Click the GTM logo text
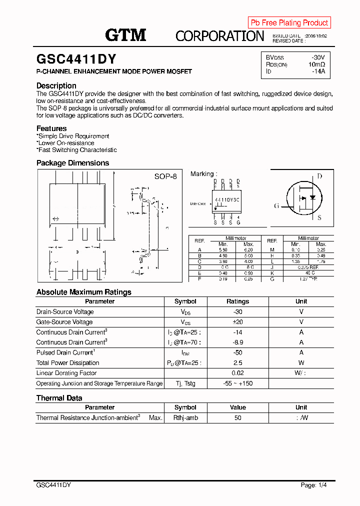(x=125, y=35)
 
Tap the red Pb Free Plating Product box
(x=289, y=22)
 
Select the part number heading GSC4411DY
(x=76, y=59)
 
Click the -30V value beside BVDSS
(x=318, y=57)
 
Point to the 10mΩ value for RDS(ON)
(x=316, y=64)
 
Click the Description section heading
(x=56, y=85)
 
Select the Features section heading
(x=51, y=128)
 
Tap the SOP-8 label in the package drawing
(x=165, y=176)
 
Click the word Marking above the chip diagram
(x=202, y=174)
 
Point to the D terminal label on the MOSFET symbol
(x=319, y=176)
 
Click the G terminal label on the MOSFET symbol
(x=276, y=206)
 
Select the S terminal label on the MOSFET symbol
(x=319, y=218)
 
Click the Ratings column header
(x=237, y=301)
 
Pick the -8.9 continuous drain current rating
(x=237, y=342)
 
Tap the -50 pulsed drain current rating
(x=237, y=352)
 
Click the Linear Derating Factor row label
(x=66, y=373)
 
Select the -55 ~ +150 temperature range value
(x=237, y=383)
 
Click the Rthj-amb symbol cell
(x=185, y=417)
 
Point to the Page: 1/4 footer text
(x=314, y=485)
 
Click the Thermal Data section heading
(x=59, y=398)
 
